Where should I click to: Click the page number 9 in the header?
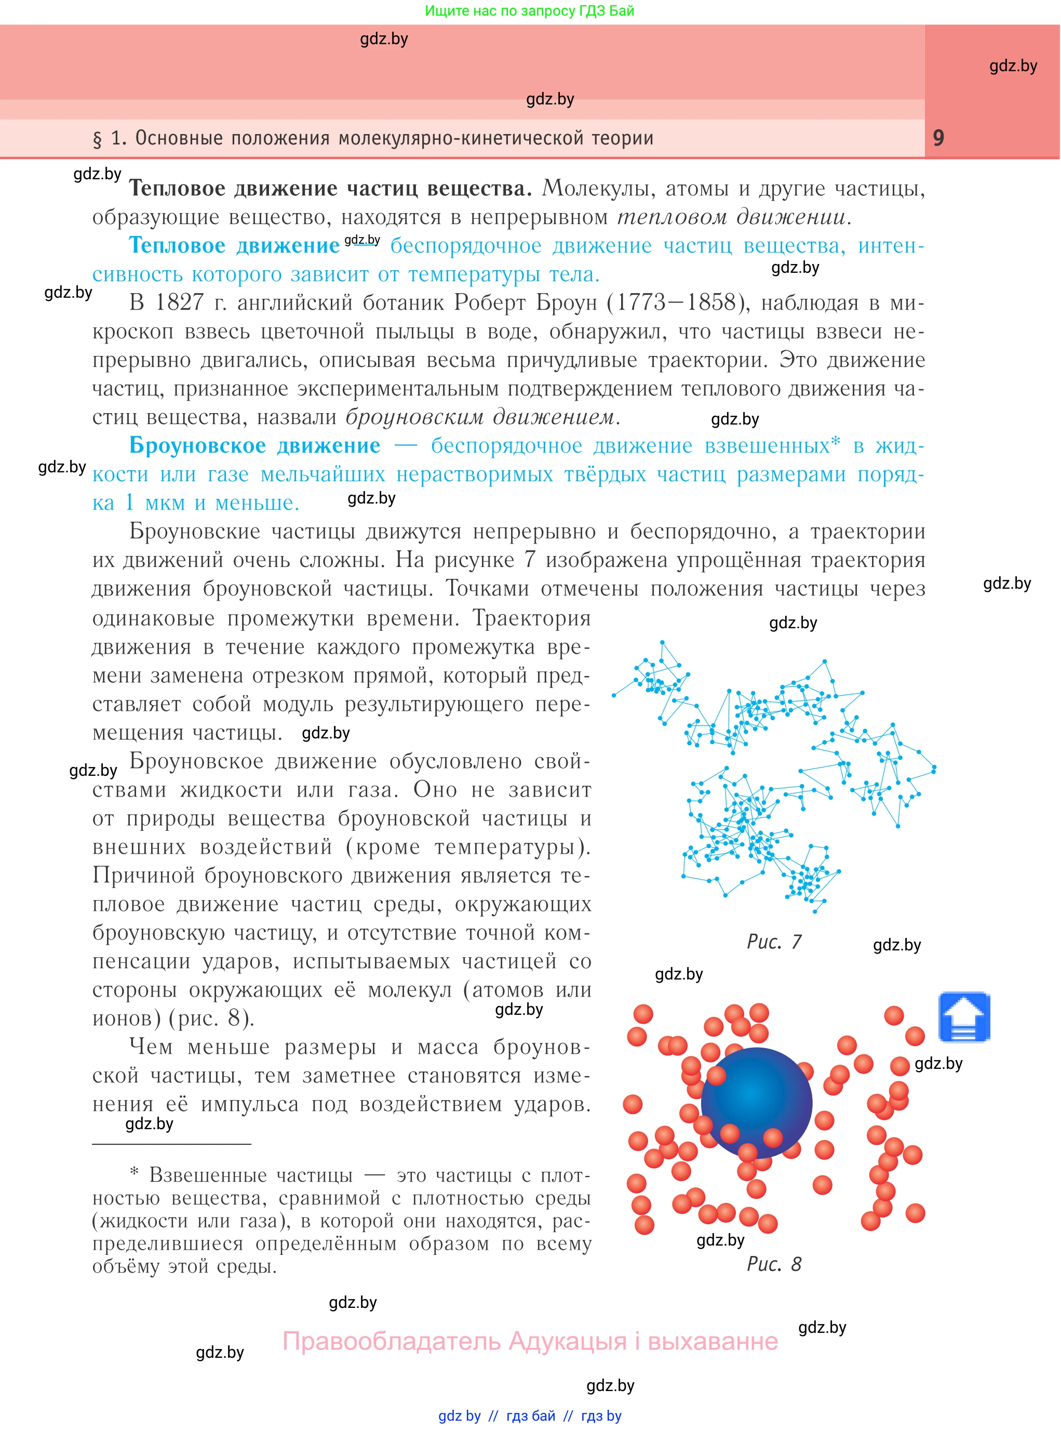(938, 138)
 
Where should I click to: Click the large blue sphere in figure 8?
(756, 1103)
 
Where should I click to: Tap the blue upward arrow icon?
(964, 1017)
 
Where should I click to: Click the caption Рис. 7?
(774, 942)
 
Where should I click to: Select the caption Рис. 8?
(774, 1264)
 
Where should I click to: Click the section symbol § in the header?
(98, 139)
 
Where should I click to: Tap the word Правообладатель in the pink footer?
(391, 1341)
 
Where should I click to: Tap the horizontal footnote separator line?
(171, 1144)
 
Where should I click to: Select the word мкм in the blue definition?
(165, 503)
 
